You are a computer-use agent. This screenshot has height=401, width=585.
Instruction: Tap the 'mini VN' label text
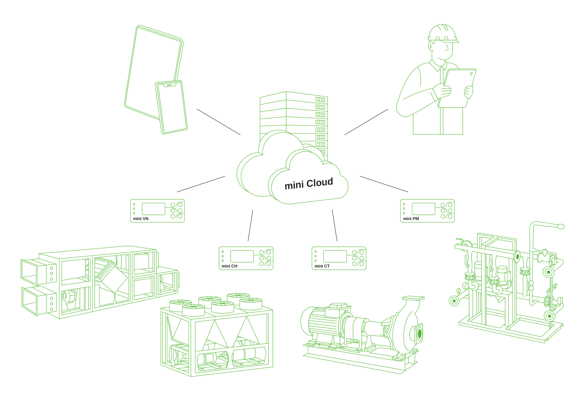point(141,219)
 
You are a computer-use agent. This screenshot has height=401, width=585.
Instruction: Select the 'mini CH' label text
point(229,266)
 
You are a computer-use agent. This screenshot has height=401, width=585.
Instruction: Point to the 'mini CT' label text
point(322,266)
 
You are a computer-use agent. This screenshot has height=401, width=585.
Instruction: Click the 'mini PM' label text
point(411,219)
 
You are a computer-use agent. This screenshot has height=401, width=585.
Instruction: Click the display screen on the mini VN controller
point(153,209)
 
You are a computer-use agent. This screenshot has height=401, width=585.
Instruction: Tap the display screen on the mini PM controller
point(423,209)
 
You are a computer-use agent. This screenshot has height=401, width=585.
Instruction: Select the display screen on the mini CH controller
point(242,256)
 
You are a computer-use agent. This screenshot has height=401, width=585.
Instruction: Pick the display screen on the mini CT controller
point(335,256)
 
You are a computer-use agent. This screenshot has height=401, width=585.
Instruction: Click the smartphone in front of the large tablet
point(171,107)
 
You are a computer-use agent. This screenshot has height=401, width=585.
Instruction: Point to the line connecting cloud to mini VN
point(201,184)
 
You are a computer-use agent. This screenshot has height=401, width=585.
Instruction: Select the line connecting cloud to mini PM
point(384,184)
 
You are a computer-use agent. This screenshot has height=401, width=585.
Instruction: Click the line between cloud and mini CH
point(250,225)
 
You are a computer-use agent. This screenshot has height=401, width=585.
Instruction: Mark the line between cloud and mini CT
point(334,225)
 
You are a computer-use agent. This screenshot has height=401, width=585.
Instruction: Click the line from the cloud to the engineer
point(366,122)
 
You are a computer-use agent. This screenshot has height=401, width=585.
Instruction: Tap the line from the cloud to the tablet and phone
point(218,122)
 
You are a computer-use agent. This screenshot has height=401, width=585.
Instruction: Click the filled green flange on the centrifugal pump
point(420,334)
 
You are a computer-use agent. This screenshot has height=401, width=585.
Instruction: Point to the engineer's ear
point(431,46)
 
